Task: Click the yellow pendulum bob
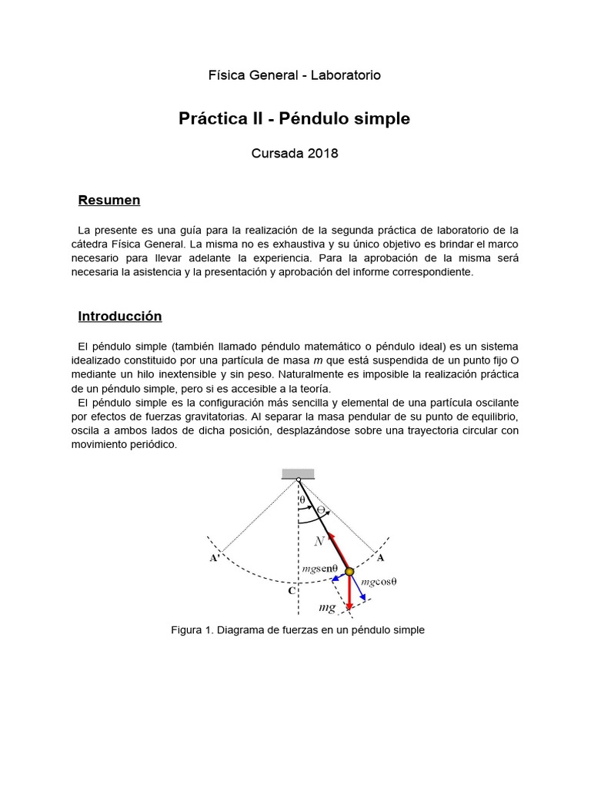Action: click(349, 571)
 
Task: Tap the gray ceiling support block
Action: click(298, 473)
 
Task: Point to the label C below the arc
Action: click(292, 592)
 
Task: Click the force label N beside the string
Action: click(319, 541)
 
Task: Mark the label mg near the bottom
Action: click(327, 607)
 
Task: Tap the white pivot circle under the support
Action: click(299, 481)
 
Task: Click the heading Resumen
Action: click(109, 201)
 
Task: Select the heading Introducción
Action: click(120, 317)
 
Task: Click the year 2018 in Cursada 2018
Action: click(323, 153)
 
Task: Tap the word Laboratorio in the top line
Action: click(346, 75)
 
